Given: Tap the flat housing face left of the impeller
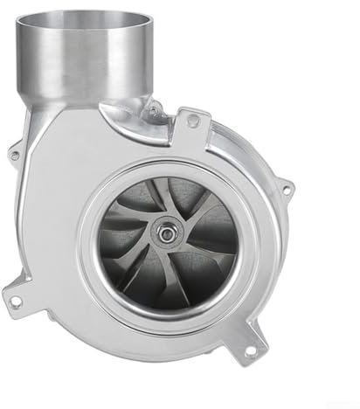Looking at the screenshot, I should coord(61,227).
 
